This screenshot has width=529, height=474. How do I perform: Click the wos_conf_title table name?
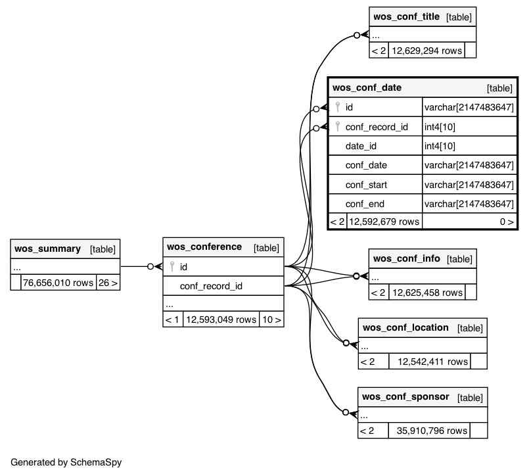[x=406, y=16]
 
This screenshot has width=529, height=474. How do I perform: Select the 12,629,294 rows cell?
[x=426, y=51]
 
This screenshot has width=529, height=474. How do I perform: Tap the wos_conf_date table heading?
[x=367, y=87]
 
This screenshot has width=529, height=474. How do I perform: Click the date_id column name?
[x=361, y=146]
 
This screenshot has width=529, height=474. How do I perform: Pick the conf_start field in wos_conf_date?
[x=366, y=185]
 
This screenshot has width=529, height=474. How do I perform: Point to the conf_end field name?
[x=365, y=204]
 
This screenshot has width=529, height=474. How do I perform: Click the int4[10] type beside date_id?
[x=440, y=146]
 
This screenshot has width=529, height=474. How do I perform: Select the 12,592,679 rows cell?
[x=384, y=222]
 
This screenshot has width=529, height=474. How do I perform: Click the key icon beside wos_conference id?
[x=172, y=266]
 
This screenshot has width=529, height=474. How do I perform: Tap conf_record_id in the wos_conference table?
[x=211, y=286]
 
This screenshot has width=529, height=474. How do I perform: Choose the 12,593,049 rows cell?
[x=221, y=320]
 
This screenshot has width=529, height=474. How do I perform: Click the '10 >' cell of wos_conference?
[x=271, y=320]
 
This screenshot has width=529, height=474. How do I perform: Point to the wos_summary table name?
[x=47, y=249]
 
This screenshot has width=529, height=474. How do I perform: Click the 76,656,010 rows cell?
[x=58, y=283]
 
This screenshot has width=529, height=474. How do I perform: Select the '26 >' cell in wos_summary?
[x=108, y=283]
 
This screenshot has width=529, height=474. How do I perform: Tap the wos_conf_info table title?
[x=407, y=258]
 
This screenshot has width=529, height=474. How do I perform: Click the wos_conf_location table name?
[x=405, y=327]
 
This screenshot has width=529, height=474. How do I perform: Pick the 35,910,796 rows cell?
[x=429, y=431]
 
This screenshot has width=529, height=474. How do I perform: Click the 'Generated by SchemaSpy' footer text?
[x=66, y=462]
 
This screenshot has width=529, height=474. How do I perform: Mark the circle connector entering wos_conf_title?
[x=357, y=35]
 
